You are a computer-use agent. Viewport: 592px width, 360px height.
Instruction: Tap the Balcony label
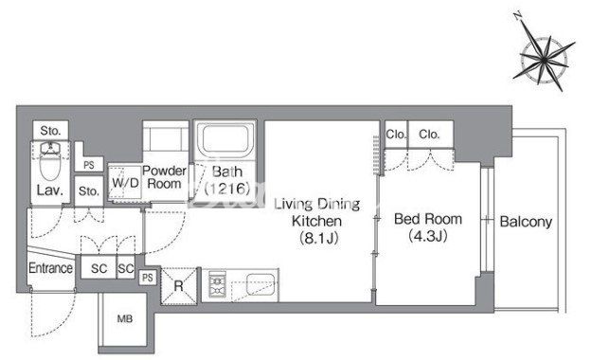tap(526, 222)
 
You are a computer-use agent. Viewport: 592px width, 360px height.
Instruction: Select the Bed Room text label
tap(428, 219)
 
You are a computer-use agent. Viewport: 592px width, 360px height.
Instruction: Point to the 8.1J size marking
tap(318, 238)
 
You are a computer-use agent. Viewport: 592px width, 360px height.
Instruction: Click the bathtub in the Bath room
tap(225, 139)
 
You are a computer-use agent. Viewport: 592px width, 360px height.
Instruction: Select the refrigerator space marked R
tap(179, 285)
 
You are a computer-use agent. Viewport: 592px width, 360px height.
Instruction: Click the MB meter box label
tap(125, 319)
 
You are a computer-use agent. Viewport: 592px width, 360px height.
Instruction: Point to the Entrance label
tap(50, 268)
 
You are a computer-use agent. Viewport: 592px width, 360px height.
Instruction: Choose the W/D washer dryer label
tap(125, 183)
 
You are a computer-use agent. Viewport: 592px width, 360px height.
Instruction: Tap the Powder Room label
tap(164, 177)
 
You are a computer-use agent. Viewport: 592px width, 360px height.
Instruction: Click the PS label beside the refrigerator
tap(148, 278)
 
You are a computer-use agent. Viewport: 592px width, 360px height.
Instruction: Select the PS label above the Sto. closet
tap(89, 165)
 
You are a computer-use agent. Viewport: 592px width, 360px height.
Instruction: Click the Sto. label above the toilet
tap(50, 131)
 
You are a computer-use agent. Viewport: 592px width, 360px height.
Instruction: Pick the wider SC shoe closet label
tap(99, 269)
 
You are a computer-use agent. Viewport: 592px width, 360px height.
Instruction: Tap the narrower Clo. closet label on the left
tap(396, 135)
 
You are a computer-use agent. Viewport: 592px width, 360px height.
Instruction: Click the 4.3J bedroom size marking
tap(428, 236)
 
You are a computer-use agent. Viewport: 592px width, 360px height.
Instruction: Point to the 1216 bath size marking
tap(227, 189)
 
